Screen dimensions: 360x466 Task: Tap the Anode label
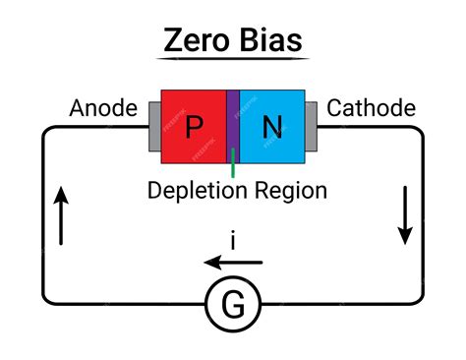coord(102,108)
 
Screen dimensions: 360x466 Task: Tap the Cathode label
coord(371,108)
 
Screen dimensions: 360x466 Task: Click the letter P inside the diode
coord(195,127)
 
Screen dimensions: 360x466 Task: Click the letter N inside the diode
coord(271,127)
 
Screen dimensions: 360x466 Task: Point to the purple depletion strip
coord(233,126)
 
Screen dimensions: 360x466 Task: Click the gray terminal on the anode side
coord(153,127)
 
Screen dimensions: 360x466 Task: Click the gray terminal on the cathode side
coord(311,127)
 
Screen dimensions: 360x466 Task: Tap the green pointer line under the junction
coord(233,167)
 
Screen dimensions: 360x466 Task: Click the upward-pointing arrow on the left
coord(61,216)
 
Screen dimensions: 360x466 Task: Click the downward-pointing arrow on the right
coord(405,216)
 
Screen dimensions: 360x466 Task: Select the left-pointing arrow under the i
coord(233,263)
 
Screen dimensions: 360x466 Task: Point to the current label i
coord(233,239)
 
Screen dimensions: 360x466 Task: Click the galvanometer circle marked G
coord(233,307)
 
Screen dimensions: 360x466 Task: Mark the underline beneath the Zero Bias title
coord(234,60)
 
